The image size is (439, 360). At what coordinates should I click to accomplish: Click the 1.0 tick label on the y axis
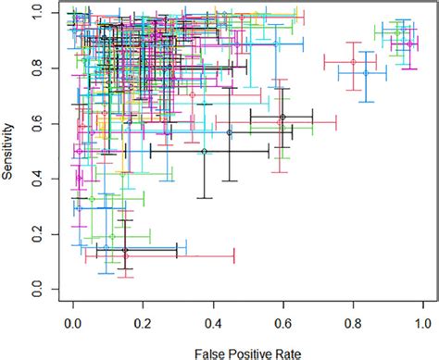pos(36,10)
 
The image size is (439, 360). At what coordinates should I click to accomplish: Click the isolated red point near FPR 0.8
pos(353,62)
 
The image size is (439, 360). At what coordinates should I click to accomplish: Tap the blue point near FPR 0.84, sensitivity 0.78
pos(366,72)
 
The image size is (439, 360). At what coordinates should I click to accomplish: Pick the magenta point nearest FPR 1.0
pos(409,43)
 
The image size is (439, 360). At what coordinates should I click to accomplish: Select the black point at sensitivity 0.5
pos(204,151)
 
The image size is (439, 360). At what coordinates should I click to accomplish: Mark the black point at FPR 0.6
pos(282,117)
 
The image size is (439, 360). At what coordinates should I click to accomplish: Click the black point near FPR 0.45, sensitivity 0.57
pos(229,132)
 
